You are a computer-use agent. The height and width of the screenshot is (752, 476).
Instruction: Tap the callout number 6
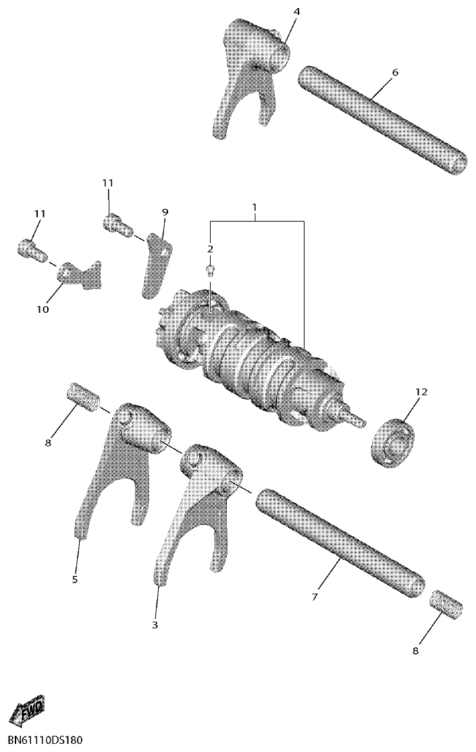[x=395, y=72]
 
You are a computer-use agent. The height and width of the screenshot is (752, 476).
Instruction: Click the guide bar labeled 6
[x=382, y=120]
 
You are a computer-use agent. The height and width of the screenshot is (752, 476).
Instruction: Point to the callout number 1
[x=256, y=206]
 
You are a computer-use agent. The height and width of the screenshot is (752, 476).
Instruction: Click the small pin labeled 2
[x=210, y=270]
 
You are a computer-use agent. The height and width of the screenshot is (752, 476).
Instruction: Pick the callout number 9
[x=164, y=211]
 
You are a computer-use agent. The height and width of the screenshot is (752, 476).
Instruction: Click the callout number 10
[x=42, y=309]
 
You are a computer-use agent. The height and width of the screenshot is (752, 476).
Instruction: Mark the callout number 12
[x=421, y=392]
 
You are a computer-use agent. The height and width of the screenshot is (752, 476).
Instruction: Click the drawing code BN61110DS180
[x=45, y=741]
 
